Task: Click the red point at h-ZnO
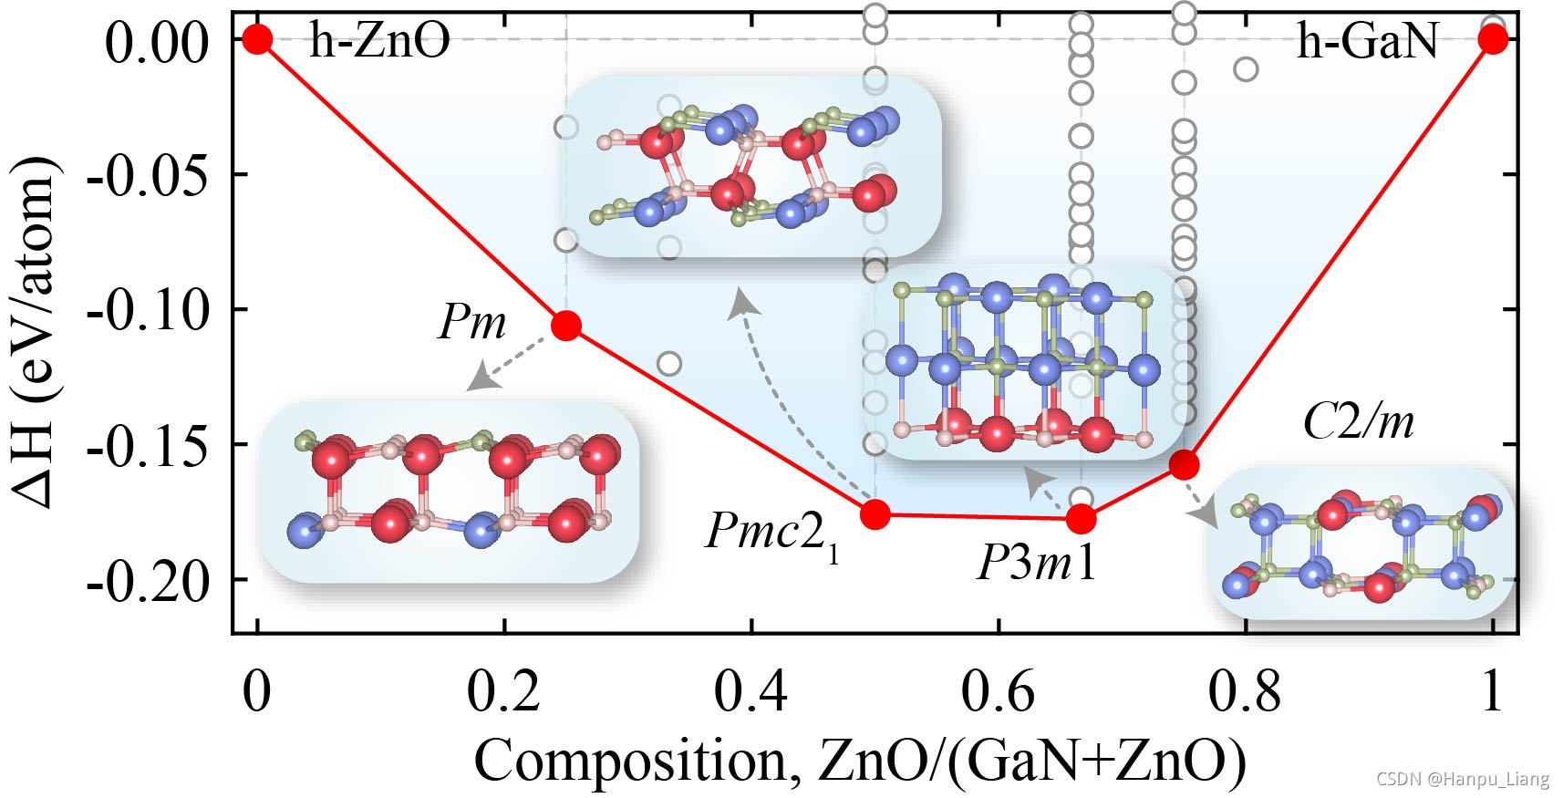(x=258, y=39)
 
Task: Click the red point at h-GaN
(x=1493, y=39)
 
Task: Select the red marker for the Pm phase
(x=566, y=326)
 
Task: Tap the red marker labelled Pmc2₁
(x=875, y=514)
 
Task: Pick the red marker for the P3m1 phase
(x=1082, y=519)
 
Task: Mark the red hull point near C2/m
(x=1184, y=464)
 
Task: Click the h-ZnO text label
(x=379, y=41)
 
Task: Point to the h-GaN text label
(x=1367, y=41)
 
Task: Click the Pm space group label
(x=471, y=322)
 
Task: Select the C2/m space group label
(x=1358, y=421)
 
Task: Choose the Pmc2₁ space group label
(x=771, y=534)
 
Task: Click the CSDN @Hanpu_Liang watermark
(x=1462, y=779)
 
